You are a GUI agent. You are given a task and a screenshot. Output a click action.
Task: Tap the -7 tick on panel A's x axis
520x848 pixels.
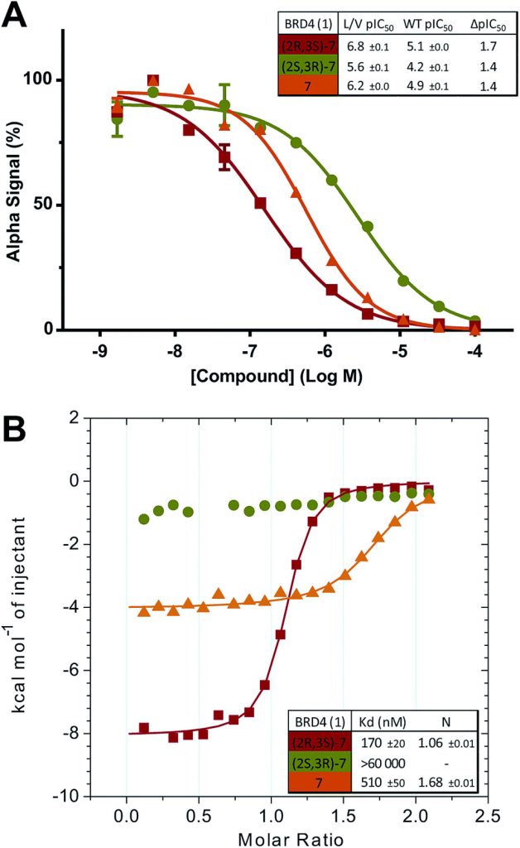point(249,350)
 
